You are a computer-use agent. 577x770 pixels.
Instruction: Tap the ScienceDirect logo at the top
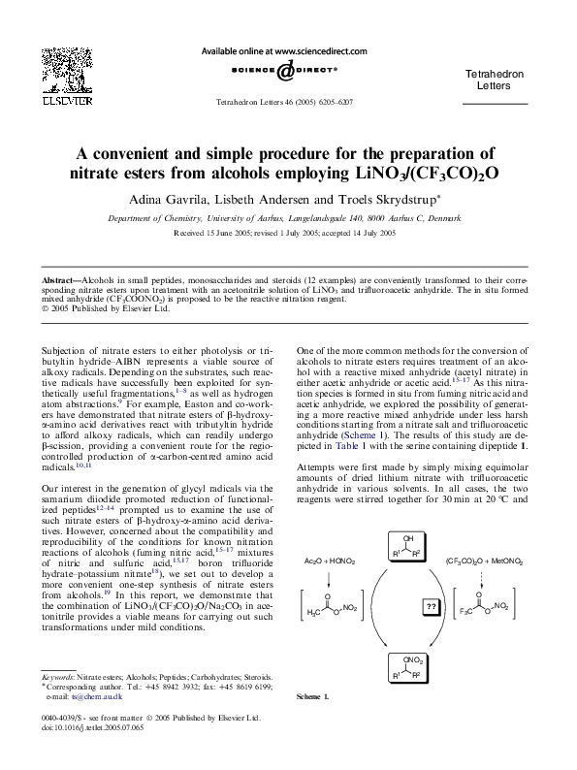[x=284, y=71]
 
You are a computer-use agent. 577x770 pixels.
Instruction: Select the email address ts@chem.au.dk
[x=93, y=696]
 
